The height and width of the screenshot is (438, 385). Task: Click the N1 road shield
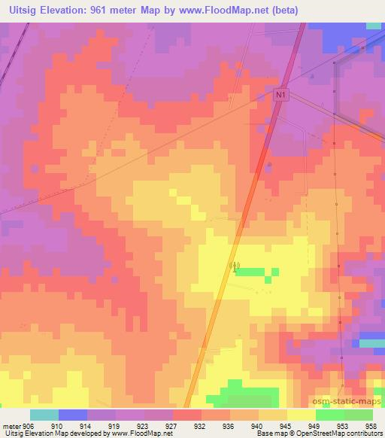[280, 95]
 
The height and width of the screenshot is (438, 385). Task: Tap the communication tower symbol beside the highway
[234, 266]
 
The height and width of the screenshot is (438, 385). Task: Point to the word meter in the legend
[11, 425]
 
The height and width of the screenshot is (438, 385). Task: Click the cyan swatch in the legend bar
[44, 415]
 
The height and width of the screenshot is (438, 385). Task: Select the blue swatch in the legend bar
[73, 415]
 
